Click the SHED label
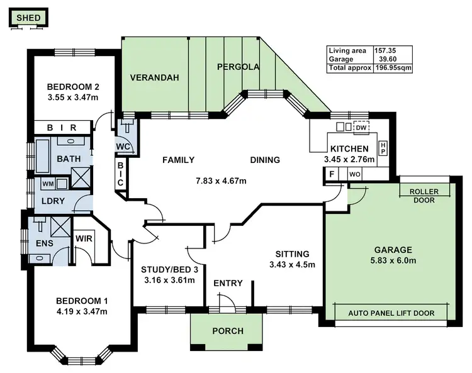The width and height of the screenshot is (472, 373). pyautogui.click(x=28, y=18)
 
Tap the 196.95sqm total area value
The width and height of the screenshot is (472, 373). pyautogui.click(x=393, y=68)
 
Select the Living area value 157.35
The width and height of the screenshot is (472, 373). pyautogui.click(x=385, y=50)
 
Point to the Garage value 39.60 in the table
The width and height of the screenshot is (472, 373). pyautogui.click(x=388, y=59)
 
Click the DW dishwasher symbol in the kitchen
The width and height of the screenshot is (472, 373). pyautogui.click(x=361, y=128)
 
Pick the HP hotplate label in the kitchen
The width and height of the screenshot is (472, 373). pyautogui.click(x=383, y=148)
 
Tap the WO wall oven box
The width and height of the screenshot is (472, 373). pyautogui.click(x=354, y=174)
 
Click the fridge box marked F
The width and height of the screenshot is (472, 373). pyautogui.click(x=332, y=174)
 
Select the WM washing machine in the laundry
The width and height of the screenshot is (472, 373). pyautogui.click(x=48, y=184)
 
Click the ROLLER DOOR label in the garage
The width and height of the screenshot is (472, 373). pyautogui.click(x=424, y=196)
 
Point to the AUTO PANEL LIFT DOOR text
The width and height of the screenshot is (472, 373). pyautogui.click(x=391, y=313)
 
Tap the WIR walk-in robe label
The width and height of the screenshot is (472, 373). pyautogui.click(x=84, y=239)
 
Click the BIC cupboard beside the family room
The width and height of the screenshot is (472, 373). pyautogui.click(x=120, y=174)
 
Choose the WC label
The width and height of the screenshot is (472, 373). pyautogui.click(x=123, y=147)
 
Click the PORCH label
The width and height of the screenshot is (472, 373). pyautogui.click(x=228, y=331)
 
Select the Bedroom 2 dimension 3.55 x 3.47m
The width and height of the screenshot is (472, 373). pyautogui.click(x=73, y=97)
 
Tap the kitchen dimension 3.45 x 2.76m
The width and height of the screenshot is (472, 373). pyautogui.click(x=349, y=159)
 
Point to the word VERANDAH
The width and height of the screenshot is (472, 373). pyautogui.click(x=154, y=77)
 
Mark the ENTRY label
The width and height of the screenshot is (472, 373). pyautogui.click(x=228, y=283)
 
